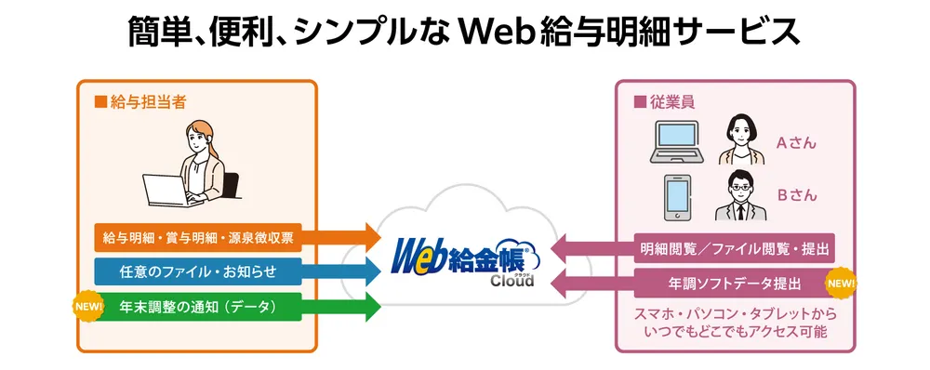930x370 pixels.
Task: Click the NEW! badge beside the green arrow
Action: (x=86, y=305)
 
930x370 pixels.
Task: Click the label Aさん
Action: (x=796, y=143)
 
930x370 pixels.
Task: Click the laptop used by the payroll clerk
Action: (x=167, y=191)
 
